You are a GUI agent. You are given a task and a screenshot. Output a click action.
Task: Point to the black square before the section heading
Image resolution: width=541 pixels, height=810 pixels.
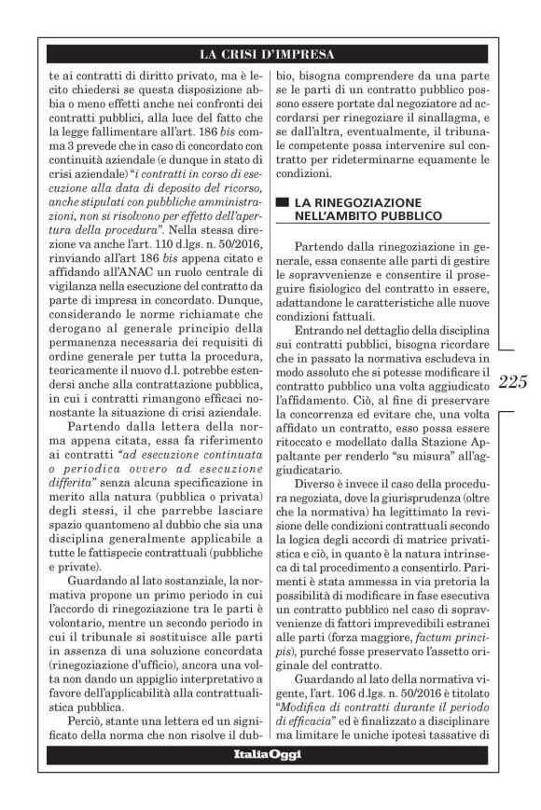click(x=284, y=202)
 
